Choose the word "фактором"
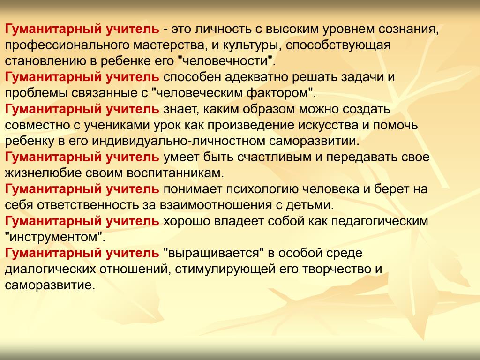pos(280,93)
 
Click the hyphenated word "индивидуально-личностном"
pos(179,141)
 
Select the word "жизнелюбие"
pos(43,173)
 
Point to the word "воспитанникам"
pos(175,173)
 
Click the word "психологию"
pos(262,189)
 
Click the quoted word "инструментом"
pos(55,237)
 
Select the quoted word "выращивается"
pos(214,253)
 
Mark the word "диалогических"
pos(50,269)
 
